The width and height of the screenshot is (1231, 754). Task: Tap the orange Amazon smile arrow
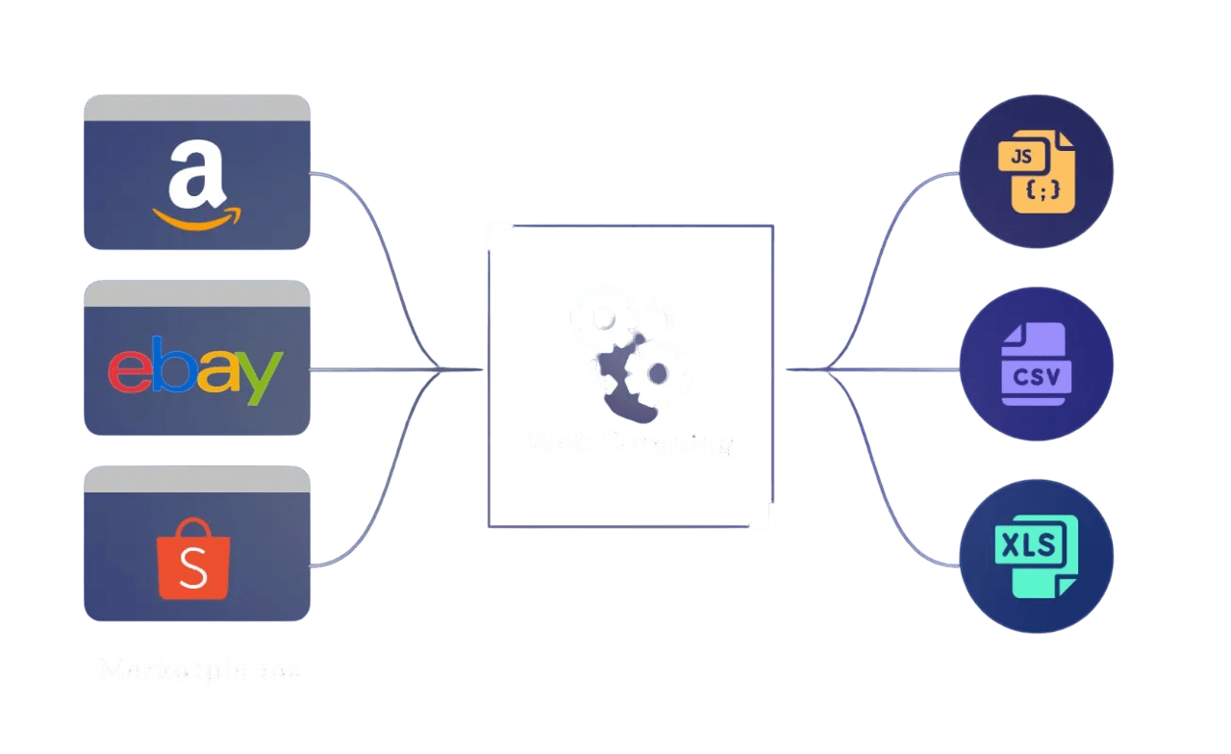(197, 218)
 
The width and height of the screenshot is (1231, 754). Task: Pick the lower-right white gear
(658, 372)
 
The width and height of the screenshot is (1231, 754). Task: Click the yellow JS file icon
(1037, 172)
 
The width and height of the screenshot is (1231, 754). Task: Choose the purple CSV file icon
(1036, 364)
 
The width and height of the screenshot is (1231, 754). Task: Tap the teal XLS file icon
(1035, 557)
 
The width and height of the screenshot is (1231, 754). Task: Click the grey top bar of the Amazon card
(196, 107)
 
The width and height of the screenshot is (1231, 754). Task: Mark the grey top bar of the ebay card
(196, 293)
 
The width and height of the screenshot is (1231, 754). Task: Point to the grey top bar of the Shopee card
(196, 479)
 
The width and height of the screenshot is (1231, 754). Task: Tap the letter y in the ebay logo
(262, 377)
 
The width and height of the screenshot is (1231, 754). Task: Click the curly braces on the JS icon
(1043, 191)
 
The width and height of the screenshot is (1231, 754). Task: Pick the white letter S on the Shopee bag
(193, 572)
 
